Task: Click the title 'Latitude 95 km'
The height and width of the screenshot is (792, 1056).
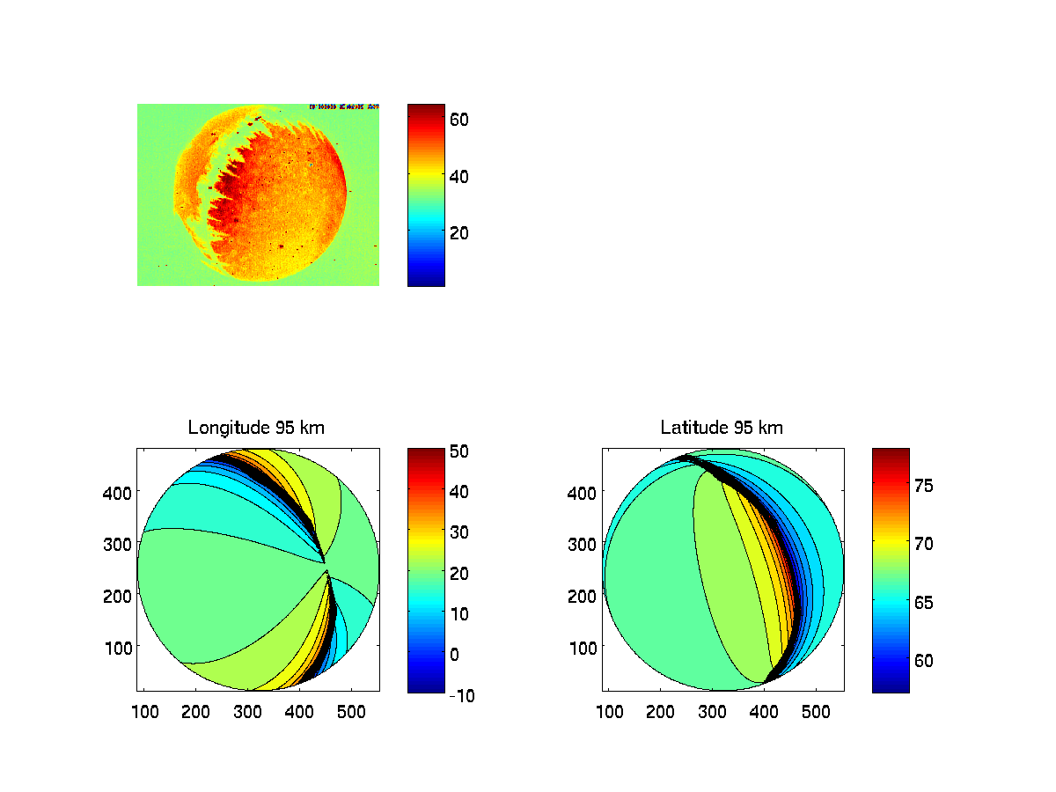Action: pyautogui.click(x=722, y=429)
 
